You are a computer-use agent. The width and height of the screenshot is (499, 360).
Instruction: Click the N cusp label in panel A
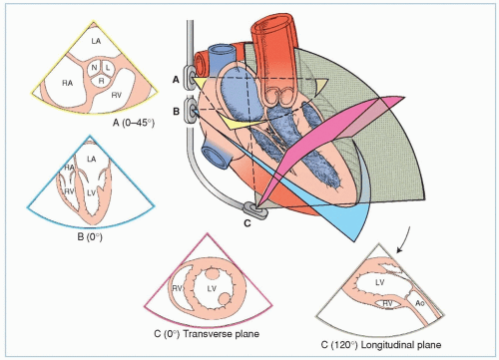pyautogui.click(x=95, y=68)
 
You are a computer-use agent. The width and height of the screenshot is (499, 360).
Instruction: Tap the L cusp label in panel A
pyautogui.click(x=108, y=68)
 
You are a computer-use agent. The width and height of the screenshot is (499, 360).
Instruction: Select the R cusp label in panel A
pyautogui.click(x=101, y=81)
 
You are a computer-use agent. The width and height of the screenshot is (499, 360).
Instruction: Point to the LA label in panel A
pyautogui.click(x=96, y=41)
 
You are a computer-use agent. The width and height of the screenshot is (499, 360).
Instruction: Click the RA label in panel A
pyautogui.click(x=68, y=83)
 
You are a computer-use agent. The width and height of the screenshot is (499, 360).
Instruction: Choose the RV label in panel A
pyautogui.click(x=116, y=96)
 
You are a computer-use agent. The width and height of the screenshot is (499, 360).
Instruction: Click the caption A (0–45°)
pyautogui.click(x=134, y=123)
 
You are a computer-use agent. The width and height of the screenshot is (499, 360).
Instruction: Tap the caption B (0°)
pyautogui.click(x=90, y=237)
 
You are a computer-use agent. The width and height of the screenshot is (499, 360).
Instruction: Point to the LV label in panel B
pyautogui.click(x=91, y=192)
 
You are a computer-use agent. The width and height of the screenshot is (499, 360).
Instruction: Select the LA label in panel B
pyautogui.click(x=92, y=160)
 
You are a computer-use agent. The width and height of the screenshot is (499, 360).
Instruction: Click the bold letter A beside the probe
pyautogui.click(x=176, y=80)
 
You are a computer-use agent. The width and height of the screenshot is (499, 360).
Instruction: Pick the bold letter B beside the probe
pyautogui.click(x=176, y=112)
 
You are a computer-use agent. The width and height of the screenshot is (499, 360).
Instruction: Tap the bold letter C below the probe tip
pyautogui.click(x=248, y=223)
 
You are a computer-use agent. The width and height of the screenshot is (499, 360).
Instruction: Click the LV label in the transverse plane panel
pyautogui.click(x=212, y=288)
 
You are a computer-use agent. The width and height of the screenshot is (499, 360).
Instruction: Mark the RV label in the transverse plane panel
pyautogui.click(x=177, y=288)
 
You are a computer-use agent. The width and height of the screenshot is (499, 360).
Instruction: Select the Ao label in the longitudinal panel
pyautogui.click(x=420, y=303)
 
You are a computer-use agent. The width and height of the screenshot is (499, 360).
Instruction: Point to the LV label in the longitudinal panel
pyautogui.click(x=380, y=282)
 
